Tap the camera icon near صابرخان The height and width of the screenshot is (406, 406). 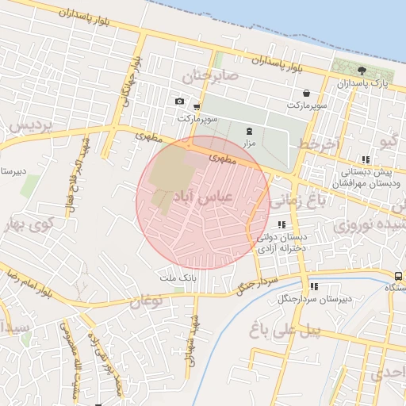coord(179,101)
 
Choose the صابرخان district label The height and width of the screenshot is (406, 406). coord(210,77)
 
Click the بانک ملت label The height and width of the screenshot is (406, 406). coord(177,278)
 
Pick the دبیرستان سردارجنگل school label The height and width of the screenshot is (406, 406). coord(313,299)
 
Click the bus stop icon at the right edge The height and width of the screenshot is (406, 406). coord(397,276)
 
